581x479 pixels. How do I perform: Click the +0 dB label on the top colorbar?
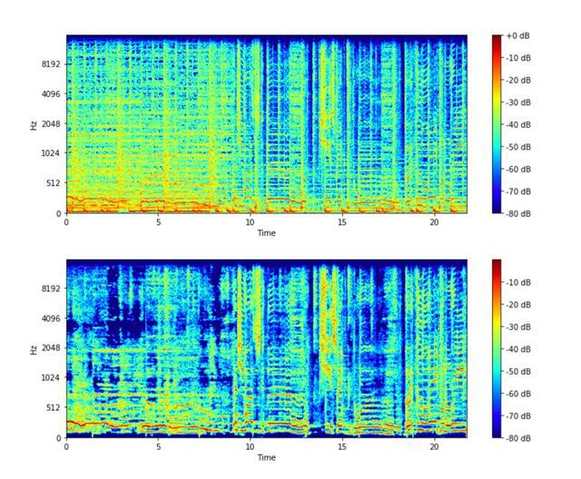point(518,35)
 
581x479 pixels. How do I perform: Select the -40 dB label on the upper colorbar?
point(519,124)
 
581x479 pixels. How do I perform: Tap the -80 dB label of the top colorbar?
point(519,213)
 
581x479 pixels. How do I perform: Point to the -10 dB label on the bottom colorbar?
point(519,282)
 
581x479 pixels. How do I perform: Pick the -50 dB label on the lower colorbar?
point(519,371)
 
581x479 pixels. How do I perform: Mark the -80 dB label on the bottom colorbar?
point(519,437)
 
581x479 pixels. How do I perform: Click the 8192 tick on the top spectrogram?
point(49,64)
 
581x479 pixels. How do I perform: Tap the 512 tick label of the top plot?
point(52,182)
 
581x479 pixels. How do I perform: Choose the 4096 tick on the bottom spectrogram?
point(49,318)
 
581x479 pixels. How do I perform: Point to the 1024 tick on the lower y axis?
point(49,377)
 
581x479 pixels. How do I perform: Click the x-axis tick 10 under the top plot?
point(251,222)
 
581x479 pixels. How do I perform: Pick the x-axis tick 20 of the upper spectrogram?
point(434,222)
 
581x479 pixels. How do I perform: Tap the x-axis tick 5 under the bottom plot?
point(158,446)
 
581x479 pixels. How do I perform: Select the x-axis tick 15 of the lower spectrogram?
point(342,446)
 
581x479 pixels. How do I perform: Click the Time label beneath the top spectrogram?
point(266,233)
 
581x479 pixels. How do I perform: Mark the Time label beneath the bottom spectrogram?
point(266,457)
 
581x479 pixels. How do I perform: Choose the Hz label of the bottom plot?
point(33,348)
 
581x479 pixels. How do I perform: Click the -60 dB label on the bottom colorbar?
point(519,394)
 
